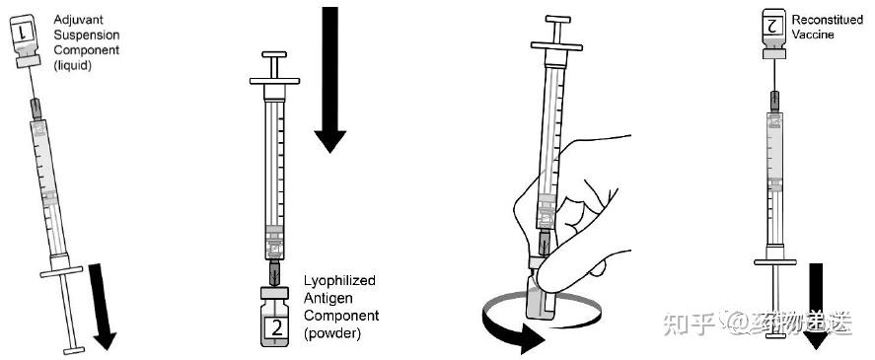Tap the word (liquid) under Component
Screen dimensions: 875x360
point(73,65)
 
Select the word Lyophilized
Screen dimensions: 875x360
point(340,280)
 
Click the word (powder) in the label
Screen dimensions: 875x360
point(332,333)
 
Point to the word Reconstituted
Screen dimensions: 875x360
point(828,20)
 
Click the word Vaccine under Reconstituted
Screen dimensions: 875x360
point(813,35)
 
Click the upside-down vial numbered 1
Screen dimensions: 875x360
point(25,40)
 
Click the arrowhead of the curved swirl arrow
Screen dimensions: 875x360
point(529,338)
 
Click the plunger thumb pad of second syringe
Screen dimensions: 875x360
point(274,54)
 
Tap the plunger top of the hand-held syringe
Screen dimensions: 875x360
point(558,20)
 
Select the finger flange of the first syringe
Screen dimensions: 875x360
point(61,271)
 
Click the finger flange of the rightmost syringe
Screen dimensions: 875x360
point(775,261)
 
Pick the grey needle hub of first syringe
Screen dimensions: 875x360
point(36,108)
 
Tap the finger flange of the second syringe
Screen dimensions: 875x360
point(274,81)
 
